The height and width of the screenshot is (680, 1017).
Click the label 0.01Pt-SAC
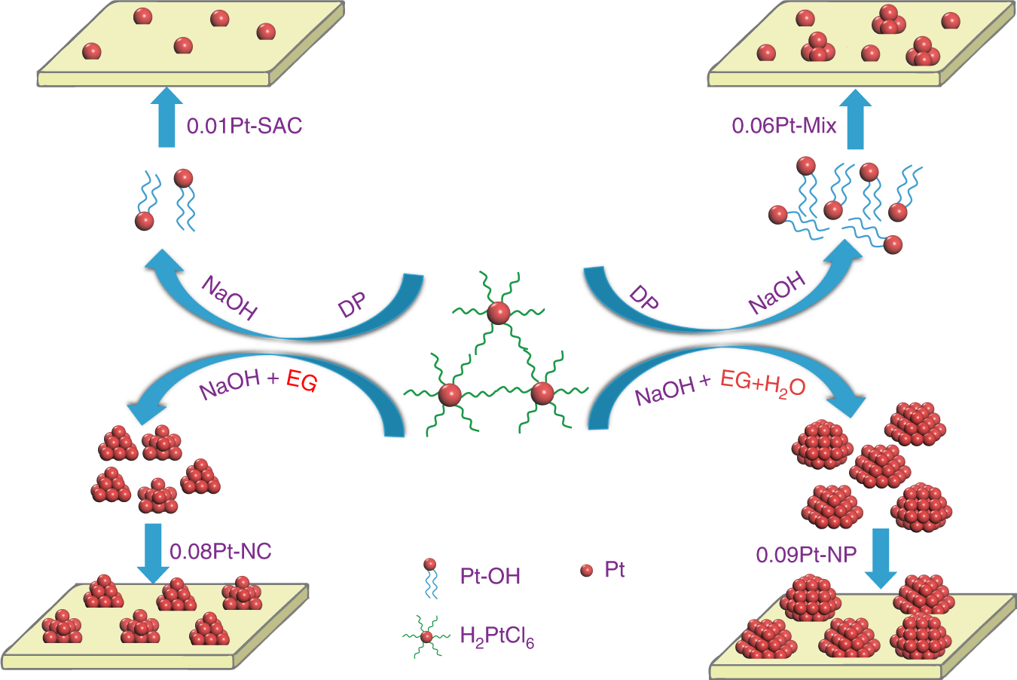244,125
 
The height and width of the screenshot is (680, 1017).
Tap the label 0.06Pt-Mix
784,125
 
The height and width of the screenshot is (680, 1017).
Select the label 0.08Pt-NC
220,551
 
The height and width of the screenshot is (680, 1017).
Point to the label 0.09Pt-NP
806,555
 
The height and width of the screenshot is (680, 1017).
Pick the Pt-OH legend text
490,576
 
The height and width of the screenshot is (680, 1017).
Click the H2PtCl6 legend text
496,638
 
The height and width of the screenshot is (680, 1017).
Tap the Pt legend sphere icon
587,571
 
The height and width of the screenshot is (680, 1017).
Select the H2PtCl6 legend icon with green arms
426,637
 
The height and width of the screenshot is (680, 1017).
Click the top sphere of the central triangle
497,313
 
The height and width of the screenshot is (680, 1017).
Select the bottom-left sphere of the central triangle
450,394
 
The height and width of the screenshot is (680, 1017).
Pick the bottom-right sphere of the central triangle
542,393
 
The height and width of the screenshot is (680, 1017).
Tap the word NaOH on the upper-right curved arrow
776,293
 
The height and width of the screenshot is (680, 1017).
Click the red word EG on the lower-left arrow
301,381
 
